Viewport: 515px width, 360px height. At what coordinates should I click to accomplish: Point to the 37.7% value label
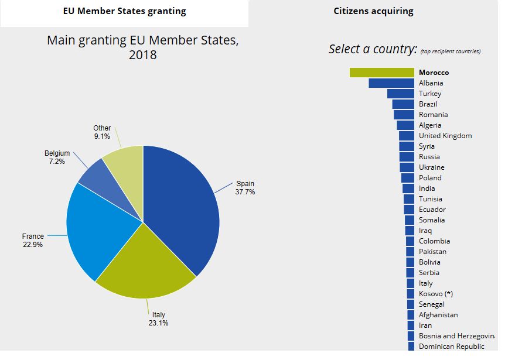coord(245,192)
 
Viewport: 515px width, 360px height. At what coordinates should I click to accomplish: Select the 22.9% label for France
coord(32,245)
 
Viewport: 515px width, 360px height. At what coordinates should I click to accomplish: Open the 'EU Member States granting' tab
coord(124,11)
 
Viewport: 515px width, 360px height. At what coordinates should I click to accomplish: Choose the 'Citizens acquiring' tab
coord(373,11)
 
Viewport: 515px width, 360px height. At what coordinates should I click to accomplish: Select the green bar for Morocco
coord(382,73)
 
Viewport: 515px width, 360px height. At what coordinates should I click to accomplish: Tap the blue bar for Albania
coord(391,83)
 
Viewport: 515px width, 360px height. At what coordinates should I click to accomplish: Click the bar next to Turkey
coord(401,94)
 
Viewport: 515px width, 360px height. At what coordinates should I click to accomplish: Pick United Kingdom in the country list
coord(445,136)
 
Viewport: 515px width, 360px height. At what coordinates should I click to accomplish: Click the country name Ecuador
coord(432,210)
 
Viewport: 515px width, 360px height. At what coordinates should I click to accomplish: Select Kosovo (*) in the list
coord(436,294)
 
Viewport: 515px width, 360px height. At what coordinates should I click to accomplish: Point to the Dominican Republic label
coord(452,347)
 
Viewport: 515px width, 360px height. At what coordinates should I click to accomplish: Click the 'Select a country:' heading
coord(373,49)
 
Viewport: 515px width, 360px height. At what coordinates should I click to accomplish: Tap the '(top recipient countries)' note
coord(451,52)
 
